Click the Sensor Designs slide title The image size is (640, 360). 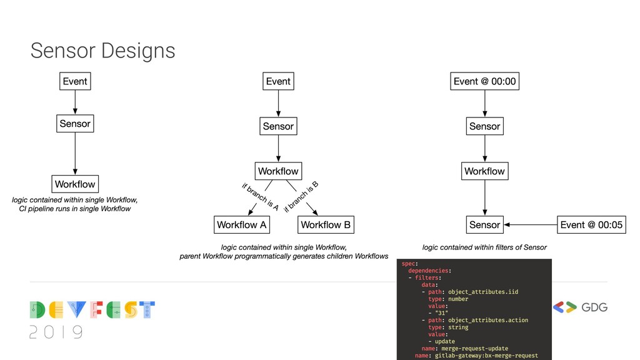[102, 51]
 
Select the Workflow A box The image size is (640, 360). [241, 224]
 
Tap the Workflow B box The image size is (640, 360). [326, 224]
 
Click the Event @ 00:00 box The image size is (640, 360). [485, 81]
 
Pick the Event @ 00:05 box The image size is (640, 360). [591, 224]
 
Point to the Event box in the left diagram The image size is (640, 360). [75, 81]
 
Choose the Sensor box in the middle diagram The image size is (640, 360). [278, 126]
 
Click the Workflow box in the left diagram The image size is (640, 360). [75, 184]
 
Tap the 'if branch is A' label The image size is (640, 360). [260, 196]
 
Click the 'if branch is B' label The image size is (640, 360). [301, 196]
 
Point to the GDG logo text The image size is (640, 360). [594, 307]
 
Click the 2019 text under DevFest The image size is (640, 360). [56, 332]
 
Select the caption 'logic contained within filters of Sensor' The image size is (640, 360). [484, 247]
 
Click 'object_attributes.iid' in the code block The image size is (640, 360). [483, 292]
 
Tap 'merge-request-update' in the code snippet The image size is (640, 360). [474, 348]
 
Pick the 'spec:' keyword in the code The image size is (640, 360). [410, 264]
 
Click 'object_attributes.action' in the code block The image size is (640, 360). [488, 320]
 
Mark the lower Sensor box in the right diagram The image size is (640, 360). [484, 224]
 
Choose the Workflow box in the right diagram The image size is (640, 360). [484, 171]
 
